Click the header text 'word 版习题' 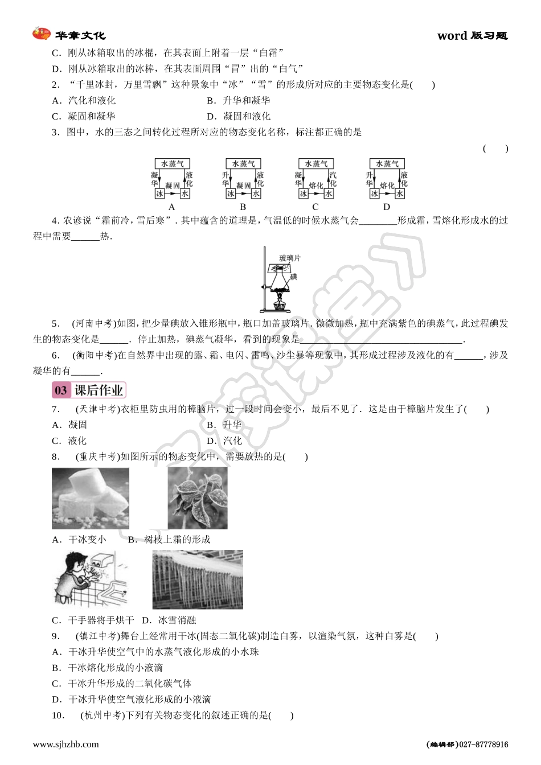472,36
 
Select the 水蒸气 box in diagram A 172,163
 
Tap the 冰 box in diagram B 231,194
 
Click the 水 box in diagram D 400,194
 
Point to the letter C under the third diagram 315,207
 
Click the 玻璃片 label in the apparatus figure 289,258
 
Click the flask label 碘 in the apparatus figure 294,277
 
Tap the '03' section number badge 60,390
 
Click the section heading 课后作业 99,390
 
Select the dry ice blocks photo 91,498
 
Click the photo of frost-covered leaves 198,498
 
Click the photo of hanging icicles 198,579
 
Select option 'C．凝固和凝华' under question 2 84,116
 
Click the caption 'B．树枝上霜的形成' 169,540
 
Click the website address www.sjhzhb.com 65,744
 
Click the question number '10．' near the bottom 59,715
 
